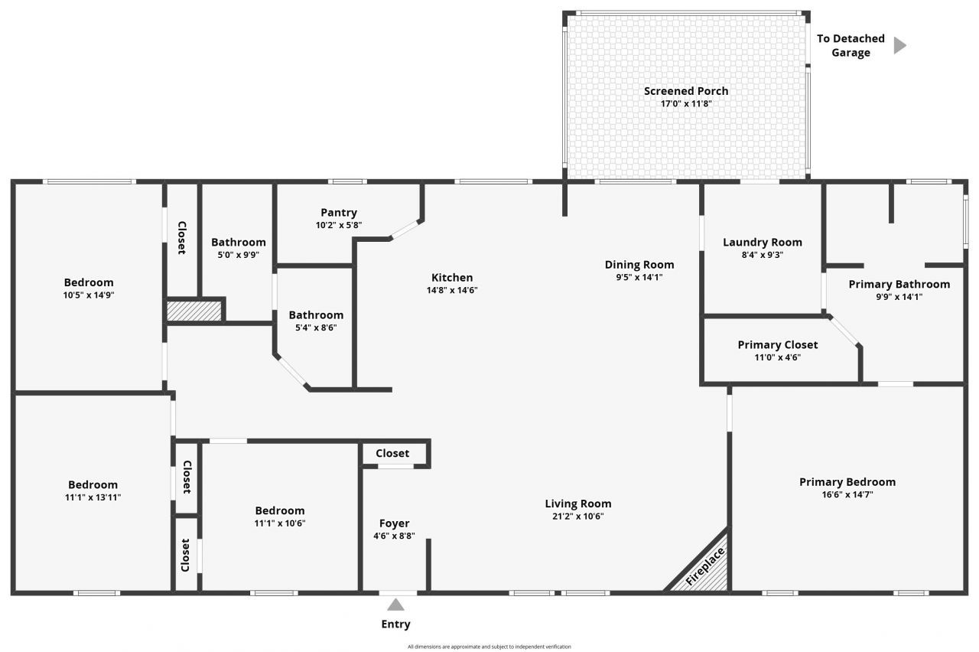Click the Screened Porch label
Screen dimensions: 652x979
point(685,91)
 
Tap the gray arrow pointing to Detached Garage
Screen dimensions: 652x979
point(899,46)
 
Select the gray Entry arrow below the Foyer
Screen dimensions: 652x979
point(395,605)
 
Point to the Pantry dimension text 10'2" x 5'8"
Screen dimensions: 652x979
point(338,225)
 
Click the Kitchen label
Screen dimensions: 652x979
point(452,278)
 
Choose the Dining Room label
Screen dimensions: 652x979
point(639,265)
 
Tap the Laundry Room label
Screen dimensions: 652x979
point(762,243)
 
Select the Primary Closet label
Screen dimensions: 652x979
point(777,345)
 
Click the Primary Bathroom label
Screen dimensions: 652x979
point(899,284)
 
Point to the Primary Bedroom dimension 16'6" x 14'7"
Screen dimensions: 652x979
point(847,494)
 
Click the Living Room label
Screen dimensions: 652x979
point(577,504)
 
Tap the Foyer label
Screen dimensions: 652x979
point(394,523)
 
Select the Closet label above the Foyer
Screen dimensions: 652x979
point(392,453)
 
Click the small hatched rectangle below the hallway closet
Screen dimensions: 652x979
point(194,311)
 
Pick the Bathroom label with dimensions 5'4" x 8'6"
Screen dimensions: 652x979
point(315,315)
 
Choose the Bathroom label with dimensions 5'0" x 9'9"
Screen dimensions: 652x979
point(238,243)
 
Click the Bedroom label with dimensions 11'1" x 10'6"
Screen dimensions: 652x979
point(279,510)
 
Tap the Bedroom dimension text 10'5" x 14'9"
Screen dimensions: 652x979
point(89,295)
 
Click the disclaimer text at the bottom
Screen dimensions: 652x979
point(489,647)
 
